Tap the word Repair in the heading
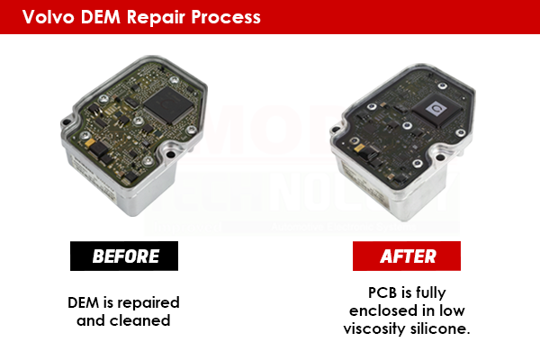161,17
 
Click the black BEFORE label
125,256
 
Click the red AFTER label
407,256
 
